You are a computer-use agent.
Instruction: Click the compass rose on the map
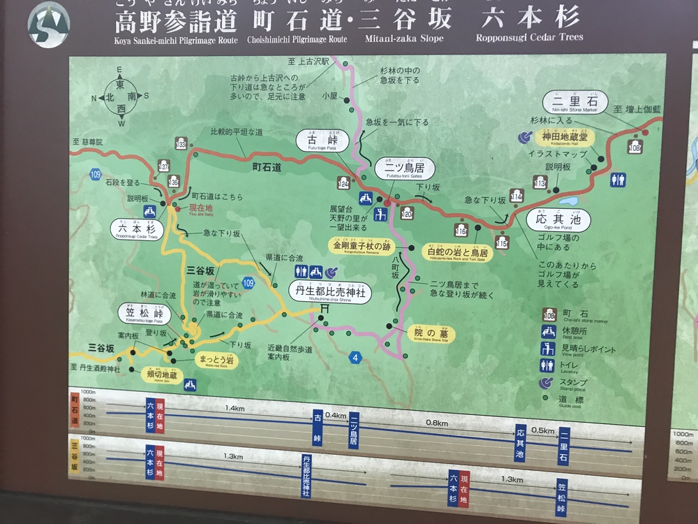coord(121,97)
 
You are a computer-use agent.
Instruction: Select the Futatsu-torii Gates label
coord(405,168)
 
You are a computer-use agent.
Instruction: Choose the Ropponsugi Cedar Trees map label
coord(137,229)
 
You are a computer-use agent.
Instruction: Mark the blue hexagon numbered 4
coord(356,358)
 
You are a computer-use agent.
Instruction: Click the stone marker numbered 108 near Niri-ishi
coord(634,147)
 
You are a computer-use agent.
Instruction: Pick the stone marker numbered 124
coord(343,183)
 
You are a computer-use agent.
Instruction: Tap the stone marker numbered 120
coord(408,212)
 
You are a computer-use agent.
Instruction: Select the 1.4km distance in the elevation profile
coord(235,407)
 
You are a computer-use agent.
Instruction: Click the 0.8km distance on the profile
coord(437,423)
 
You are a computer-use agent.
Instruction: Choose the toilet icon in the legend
coord(548,365)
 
